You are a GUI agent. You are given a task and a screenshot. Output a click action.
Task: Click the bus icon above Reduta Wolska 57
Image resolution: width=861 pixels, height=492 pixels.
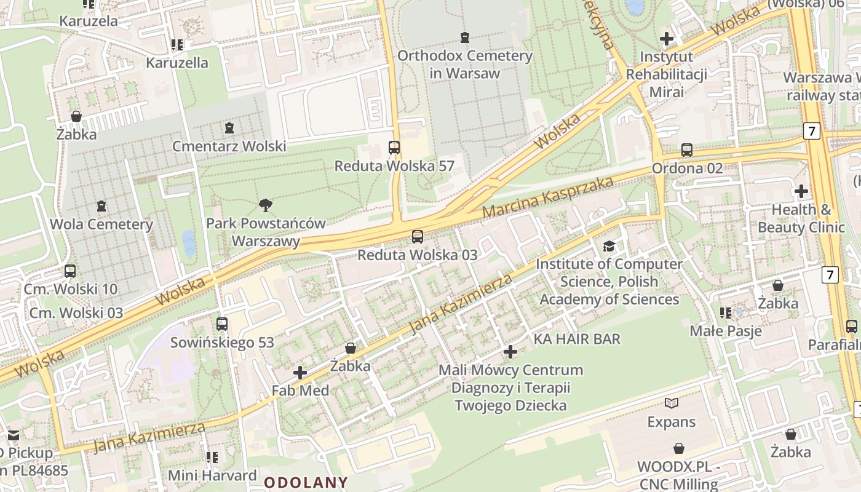[x=394, y=148]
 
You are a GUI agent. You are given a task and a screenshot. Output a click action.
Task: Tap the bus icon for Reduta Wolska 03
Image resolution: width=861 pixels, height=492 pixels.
[x=418, y=236]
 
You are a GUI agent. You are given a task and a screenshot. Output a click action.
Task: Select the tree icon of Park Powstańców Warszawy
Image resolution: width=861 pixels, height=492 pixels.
[x=266, y=205]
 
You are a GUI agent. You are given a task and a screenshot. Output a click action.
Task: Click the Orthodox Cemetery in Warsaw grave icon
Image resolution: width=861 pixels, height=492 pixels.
[x=464, y=38]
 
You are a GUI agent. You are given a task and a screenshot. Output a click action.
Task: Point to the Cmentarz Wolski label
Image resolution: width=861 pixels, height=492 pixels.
[x=229, y=146]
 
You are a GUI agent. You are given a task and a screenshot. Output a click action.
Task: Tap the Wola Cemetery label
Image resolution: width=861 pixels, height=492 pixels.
[x=101, y=224]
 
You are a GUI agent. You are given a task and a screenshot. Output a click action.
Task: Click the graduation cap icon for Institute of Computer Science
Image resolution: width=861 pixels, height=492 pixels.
[x=609, y=246]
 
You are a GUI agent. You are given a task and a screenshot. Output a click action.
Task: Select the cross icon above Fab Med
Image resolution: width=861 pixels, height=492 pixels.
[x=300, y=373]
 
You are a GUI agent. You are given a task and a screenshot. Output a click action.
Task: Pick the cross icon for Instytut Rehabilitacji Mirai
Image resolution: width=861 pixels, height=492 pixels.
[x=666, y=39]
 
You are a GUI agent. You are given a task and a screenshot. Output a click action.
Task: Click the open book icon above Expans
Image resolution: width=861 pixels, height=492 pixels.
[x=672, y=403]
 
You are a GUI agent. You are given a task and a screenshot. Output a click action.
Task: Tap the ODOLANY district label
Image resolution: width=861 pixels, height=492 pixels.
[x=306, y=482]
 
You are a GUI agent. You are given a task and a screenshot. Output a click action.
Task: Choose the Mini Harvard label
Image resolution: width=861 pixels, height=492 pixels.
[x=212, y=475]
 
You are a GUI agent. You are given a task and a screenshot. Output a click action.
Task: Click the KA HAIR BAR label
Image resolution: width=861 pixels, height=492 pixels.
[x=577, y=339]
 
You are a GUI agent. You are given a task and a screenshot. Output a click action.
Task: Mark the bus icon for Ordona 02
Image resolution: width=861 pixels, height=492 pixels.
[x=687, y=150]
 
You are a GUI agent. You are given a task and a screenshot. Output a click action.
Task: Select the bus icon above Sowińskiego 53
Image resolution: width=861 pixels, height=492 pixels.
[x=222, y=323]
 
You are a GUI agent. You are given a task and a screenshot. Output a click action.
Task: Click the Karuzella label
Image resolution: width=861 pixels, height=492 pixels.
[x=177, y=63]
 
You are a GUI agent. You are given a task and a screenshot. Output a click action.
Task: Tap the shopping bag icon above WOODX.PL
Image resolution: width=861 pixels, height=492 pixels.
[x=679, y=448]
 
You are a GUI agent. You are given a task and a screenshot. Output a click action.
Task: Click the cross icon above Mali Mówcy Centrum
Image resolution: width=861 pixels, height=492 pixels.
[x=510, y=352]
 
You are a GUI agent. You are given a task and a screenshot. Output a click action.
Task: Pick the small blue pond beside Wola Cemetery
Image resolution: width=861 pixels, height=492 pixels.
[x=189, y=244]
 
